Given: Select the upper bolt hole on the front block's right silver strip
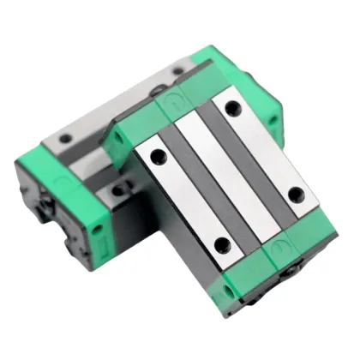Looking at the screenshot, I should pos(232,108).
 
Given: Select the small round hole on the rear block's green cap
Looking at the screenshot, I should pos(96,229).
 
